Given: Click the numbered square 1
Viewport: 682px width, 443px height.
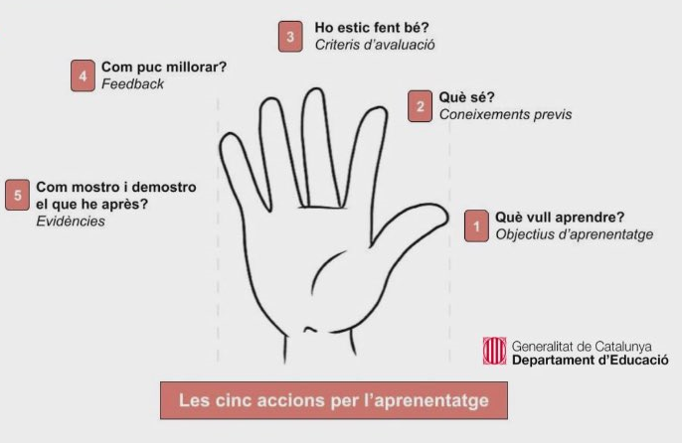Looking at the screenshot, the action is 476,225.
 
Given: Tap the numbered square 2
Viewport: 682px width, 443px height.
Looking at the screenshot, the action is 420,106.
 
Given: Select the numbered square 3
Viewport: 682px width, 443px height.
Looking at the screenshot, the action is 290,37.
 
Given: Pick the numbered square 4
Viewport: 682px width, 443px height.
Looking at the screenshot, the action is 83,75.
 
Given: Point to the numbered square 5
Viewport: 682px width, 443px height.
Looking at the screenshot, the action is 18,195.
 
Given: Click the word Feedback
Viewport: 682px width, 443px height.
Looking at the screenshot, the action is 132,83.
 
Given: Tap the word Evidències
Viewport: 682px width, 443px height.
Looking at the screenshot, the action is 71,221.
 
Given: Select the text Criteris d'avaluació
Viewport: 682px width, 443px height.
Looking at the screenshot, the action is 375,45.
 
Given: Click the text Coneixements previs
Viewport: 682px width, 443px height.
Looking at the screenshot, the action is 505,114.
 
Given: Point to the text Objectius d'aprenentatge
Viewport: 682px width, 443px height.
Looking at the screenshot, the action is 575,234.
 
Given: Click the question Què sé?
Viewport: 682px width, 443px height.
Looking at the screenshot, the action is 466,97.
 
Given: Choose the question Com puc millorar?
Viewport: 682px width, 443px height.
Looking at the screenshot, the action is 164,67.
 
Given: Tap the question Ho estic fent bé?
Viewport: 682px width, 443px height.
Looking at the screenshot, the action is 372,28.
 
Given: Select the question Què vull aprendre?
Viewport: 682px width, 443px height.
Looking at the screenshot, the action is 560,217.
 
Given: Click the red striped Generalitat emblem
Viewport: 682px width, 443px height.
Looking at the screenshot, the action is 494,351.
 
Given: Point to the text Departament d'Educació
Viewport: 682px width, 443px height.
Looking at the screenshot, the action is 591,360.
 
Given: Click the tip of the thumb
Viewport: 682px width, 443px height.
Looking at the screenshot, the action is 447,216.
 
